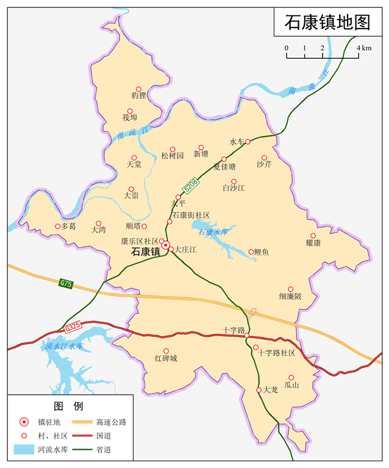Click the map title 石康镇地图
point(327,23)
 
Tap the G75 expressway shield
point(66,283)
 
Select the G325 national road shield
point(73,328)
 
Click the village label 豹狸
point(138,95)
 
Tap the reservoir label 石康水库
point(213,232)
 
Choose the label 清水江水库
point(63,346)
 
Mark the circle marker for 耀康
point(313,236)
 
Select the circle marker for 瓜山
point(291,378)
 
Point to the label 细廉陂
point(290,297)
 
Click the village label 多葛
point(68,226)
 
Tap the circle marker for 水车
point(248,142)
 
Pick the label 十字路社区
point(277,353)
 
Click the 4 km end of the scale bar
point(359,57)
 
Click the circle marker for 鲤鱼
point(251,251)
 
